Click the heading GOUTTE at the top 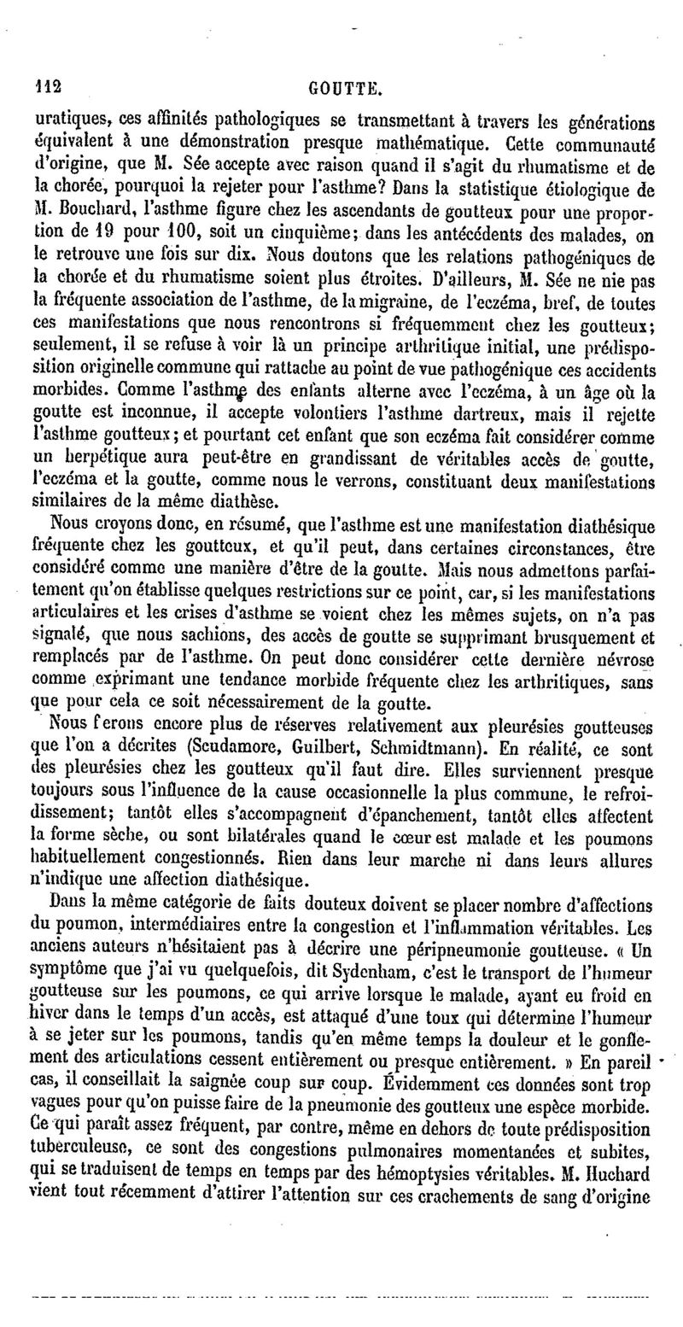[x=344, y=86]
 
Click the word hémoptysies [x=453, y=1149]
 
